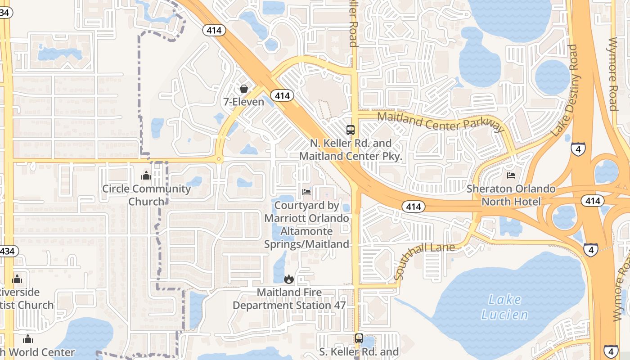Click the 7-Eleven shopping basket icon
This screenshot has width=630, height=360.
[x=244, y=89]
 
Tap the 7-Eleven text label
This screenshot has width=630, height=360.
[x=244, y=102]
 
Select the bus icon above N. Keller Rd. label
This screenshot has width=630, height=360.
[x=351, y=130]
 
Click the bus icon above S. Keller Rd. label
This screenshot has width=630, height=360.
[x=359, y=338]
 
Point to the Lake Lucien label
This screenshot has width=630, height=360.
[x=504, y=307]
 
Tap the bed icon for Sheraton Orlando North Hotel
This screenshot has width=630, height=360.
[x=511, y=175]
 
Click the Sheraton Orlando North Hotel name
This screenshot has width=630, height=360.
[x=511, y=195]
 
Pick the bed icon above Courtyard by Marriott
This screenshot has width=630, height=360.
[x=306, y=192]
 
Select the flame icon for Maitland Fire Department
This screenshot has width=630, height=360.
[x=289, y=279]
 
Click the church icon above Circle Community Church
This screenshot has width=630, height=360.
[x=146, y=175]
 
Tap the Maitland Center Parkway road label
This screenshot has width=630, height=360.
[x=441, y=122]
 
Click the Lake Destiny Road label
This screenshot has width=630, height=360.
[x=564, y=90]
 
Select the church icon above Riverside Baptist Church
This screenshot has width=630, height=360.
[x=17, y=279]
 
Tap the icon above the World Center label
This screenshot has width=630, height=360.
[x=28, y=338]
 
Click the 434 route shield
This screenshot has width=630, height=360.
[x=7, y=251]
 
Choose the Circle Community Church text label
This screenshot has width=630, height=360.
[x=146, y=195]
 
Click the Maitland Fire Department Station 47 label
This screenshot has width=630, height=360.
[x=289, y=299]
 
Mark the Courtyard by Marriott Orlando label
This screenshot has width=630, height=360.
[x=306, y=225]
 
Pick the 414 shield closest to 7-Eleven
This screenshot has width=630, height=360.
[x=282, y=95]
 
